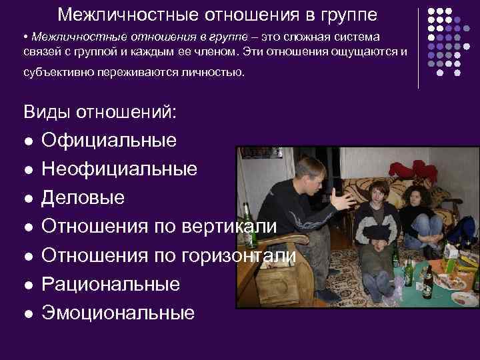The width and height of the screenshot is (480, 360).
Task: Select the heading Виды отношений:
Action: click(x=100, y=111)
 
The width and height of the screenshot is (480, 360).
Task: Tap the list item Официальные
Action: click(x=109, y=140)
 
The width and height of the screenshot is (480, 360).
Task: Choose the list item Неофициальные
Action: click(x=119, y=169)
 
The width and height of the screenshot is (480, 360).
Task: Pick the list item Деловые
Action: click(x=83, y=198)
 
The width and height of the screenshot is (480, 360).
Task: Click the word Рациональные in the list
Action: click(x=111, y=284)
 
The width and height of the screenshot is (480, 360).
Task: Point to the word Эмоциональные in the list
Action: click(x=118, y=313)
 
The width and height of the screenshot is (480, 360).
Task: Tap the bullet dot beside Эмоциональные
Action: click(x=27, y=313)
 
